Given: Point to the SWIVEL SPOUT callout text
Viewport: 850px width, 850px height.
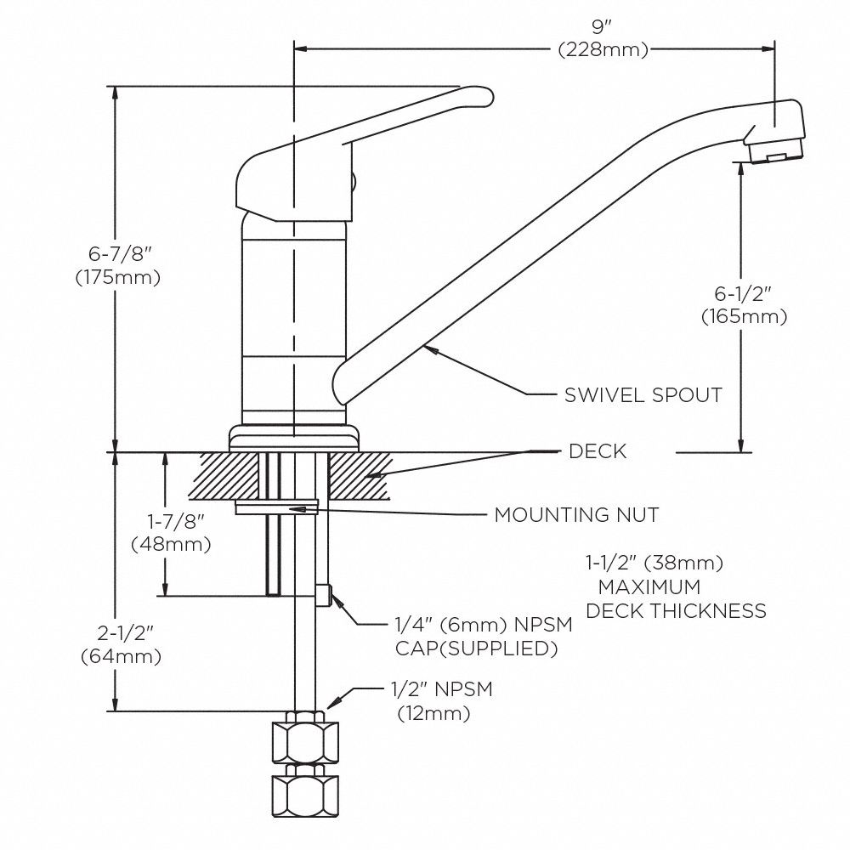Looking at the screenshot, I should (x=643, y=395).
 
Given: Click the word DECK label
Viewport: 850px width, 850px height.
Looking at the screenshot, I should (x=598, y=451).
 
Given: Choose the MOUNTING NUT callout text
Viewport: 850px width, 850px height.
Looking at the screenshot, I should (x=576, y=515).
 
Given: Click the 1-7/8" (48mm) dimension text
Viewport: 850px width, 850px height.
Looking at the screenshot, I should (x=171, y=531).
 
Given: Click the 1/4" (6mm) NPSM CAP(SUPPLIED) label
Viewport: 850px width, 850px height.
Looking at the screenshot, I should (x=481, y=636).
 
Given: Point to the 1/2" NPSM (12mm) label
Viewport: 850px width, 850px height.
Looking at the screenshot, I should (x=442, y=701).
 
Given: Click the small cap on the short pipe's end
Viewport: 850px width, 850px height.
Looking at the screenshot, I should (x=324, y=596).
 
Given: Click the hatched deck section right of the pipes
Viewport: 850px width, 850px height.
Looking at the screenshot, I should (x=358, y=476).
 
